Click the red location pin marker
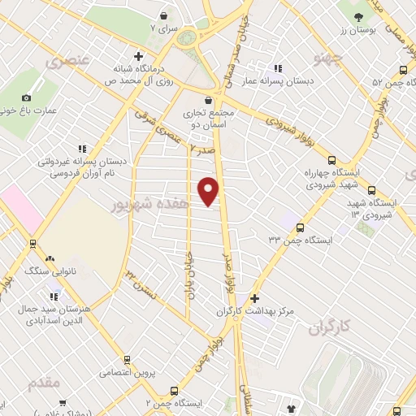[x=209, y=190]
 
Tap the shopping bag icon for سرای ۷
[x=164, y=15]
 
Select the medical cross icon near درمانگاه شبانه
[x=139, y=56]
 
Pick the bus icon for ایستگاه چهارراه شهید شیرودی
[x=331, y=160]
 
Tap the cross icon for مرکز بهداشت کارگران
[x=255, y=298]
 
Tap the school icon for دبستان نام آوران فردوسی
[x=82, y=149]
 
